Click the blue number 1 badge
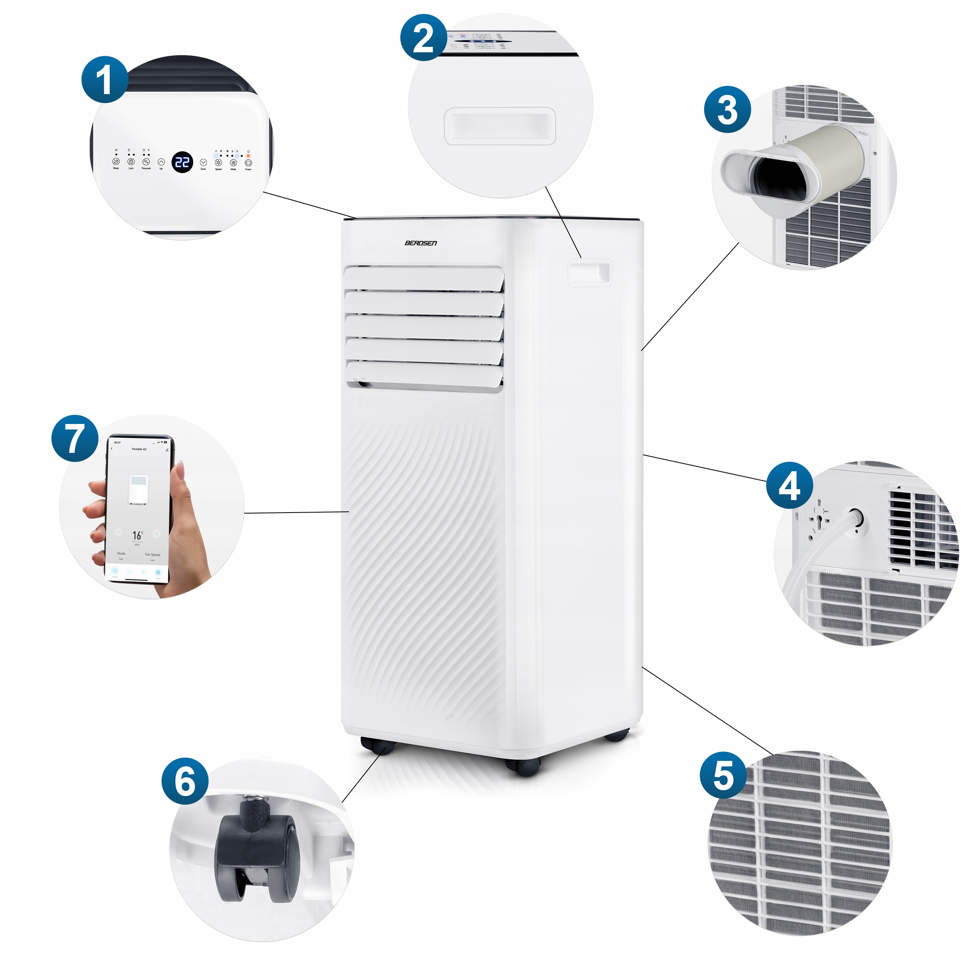tap(105, 79)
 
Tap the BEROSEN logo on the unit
tap(420, 243)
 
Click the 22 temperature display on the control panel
tap(182, 162)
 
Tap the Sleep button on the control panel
tap(116, 162)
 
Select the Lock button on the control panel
tap(131, 162)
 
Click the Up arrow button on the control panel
tap(161, 162)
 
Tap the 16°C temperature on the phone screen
tap(137, 535)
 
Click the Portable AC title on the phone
tap(139, 449)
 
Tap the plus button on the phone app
tap(157, 533)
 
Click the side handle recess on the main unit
tap(590, 273)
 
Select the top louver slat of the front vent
tap(423, 278)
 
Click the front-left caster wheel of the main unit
tap(377, 745)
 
